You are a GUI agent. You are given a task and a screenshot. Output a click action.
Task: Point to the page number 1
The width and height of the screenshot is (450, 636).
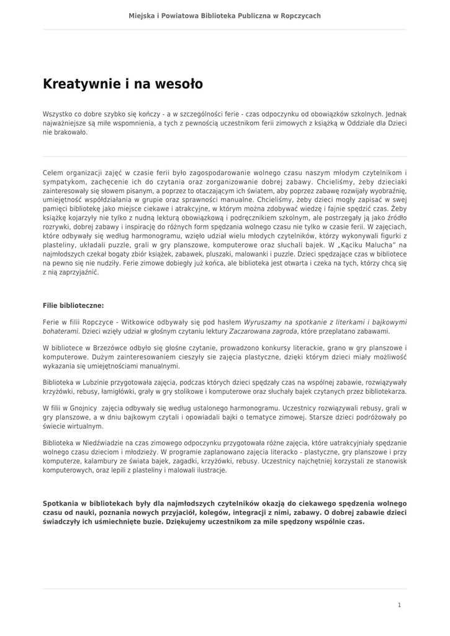399,604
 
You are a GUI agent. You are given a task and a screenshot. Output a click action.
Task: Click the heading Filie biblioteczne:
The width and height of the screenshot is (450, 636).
73,306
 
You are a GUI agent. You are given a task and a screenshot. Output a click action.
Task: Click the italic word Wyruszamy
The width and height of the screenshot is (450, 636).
264,322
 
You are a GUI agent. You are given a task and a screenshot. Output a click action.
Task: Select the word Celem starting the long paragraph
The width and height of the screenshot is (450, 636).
53,173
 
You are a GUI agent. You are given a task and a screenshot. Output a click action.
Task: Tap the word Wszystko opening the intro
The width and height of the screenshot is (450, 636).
58,114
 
